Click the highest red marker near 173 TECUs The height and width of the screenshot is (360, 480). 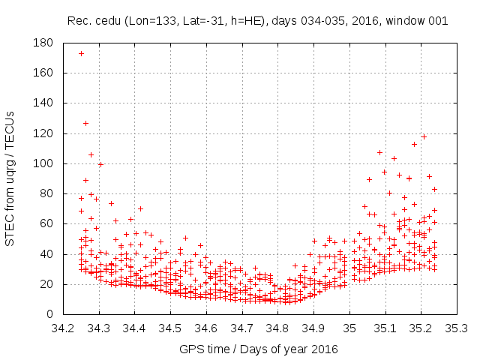pos(81,53)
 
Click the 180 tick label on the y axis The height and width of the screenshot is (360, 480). pos(43,43)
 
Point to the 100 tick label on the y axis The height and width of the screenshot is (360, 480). pos(43,163)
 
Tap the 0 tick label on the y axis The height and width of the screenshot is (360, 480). pos(49,314)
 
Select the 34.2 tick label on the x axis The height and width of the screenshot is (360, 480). pos(62,328)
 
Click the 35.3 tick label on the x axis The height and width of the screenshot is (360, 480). pos(457,328)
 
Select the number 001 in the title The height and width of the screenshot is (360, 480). pos(437,21)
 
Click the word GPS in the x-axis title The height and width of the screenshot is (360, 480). pos(190,349)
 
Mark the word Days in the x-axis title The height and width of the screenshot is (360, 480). pos(265,349)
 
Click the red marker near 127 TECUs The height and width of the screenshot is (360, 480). pos(85,123)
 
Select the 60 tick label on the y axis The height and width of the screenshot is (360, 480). pos(46,223)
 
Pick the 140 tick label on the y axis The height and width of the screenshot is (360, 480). pos(43,103)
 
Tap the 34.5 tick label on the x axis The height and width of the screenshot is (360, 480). pos(170,328)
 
